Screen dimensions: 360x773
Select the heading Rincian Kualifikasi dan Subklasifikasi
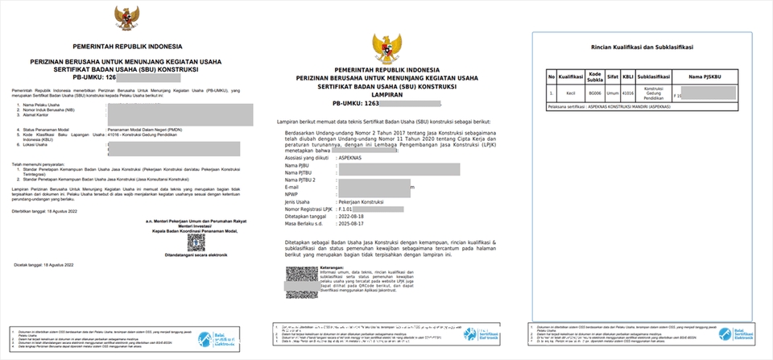point(642,48)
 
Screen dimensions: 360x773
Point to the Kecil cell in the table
point(570,95)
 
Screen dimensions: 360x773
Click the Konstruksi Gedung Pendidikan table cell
point(653,95)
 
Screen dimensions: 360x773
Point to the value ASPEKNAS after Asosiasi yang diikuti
point(350,158)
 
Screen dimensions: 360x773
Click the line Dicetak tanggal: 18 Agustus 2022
point(43,263)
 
